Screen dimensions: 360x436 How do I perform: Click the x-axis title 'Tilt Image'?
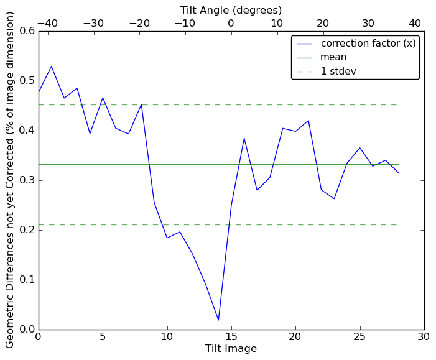231,349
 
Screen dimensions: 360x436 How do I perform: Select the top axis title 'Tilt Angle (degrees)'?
231,10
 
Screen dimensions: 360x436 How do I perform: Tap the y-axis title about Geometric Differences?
10,180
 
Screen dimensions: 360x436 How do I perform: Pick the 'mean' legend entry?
333,57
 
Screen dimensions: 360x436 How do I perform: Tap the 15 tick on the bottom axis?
231,337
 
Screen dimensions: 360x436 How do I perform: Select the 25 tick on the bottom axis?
359,337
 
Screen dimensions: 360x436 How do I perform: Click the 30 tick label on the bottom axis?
424,337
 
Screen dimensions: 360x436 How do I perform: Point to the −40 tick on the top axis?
47,24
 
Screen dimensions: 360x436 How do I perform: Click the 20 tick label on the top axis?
323,24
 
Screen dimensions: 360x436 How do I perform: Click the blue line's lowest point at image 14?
218,320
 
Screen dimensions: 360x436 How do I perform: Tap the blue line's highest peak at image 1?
52,66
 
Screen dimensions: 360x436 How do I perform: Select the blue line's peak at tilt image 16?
244,138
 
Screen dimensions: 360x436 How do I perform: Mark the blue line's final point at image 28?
398,173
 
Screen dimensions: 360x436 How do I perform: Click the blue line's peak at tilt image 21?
308,121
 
